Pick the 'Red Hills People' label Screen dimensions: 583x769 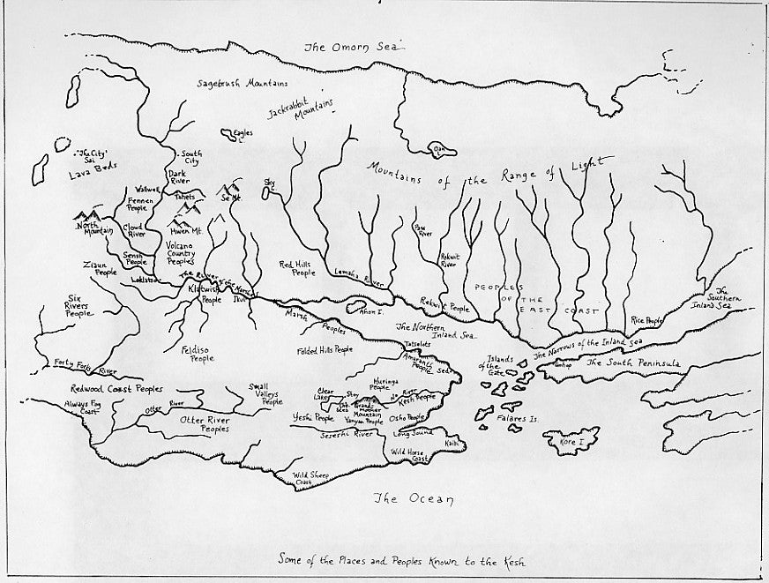point(297,268)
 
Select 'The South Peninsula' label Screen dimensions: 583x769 point(632,363)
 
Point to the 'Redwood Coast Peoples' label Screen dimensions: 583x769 point(116,388)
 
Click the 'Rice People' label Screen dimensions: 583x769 point(646,321)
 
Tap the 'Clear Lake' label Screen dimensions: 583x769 point(326,392)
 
